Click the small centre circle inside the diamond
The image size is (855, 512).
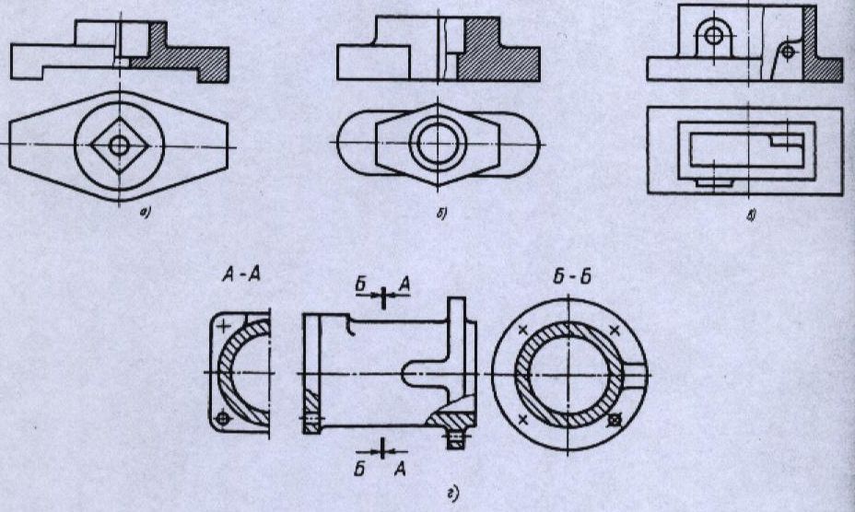click(119, 145)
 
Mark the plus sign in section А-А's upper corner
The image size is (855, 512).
click(223, 324)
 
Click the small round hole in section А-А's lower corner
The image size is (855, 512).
click(221, 419)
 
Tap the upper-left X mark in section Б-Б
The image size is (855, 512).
click(524, 330)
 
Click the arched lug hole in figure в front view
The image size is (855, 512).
click(712, 35)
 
